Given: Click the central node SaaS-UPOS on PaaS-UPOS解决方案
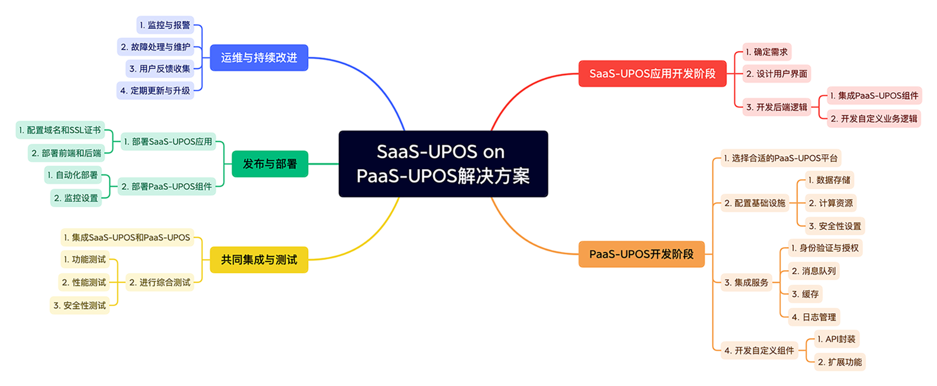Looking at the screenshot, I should [443, 164].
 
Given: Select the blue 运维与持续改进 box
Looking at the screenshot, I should [259, 58].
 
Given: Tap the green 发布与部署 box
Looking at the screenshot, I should [270, 164].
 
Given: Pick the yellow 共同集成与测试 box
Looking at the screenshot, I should [259, 260].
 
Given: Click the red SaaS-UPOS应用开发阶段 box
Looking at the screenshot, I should [652, 74].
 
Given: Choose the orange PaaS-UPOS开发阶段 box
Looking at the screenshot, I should [641, 254].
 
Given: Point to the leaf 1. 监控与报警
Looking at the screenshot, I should [165, 25].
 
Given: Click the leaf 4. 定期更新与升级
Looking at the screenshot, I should [155, 90].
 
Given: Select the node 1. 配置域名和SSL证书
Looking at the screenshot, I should [60, 130].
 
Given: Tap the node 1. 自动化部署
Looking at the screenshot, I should [73, 175].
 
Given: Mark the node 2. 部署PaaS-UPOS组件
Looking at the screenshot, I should [166, 186].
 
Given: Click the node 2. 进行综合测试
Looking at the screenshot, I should [160, 283].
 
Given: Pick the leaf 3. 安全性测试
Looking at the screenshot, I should [79, 306].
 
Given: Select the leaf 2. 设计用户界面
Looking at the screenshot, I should [776, 74].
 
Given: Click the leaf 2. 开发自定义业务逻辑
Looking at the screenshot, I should [873, 119].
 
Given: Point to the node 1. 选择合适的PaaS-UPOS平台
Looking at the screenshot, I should [780, 158].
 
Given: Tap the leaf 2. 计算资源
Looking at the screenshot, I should [831, 203].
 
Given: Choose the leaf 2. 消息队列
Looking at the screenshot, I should [813, 271].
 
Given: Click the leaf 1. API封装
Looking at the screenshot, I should [836, 339].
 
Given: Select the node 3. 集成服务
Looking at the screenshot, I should [746, 283].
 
